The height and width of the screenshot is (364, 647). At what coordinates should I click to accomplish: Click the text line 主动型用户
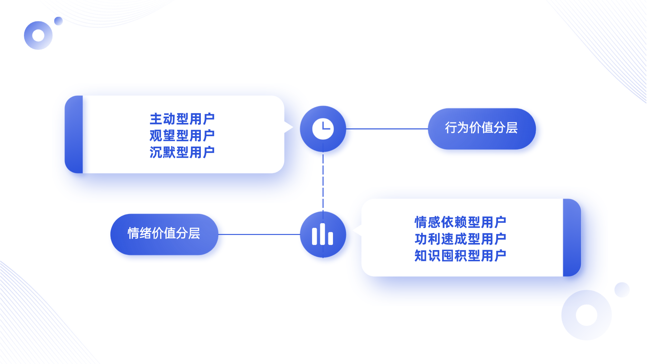(x=182, y=119)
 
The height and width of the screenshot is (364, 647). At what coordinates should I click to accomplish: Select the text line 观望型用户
(x=182, y=136)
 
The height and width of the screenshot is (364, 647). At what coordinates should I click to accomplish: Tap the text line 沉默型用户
(x=182, y=152)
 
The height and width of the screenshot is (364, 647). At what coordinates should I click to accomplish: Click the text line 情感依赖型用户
(x=460, y=222)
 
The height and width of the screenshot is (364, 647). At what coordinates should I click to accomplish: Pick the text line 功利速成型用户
(x=460, y=239)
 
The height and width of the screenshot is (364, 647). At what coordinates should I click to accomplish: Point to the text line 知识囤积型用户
(x=460, y=256)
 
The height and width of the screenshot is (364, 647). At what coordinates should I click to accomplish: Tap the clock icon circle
(x=323, y=128)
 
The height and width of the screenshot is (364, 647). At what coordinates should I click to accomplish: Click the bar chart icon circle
(x=323, y=234)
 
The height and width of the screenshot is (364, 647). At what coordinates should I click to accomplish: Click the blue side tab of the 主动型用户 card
(x=74, y=134)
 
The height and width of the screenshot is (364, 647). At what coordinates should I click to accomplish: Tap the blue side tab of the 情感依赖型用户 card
(x=572, y=237)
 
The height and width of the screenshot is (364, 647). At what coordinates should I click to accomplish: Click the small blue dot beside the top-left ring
(x=59, y=21)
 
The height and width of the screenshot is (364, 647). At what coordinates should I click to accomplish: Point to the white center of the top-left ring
(x=38, y=35)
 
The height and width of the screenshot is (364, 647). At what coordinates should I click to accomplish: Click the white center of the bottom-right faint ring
(x=586, y=315)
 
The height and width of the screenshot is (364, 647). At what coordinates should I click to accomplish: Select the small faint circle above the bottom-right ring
(x=622, y=290)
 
